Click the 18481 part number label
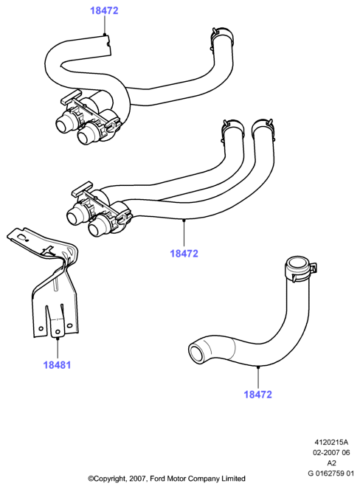[57, 364]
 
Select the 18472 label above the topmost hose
[104, 10]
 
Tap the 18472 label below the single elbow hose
[257, 394]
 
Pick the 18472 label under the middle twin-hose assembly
[184, 253]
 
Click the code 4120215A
[331, 442]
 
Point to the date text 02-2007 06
[331, 452]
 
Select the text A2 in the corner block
[331, 462]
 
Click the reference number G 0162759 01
[331, 473]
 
